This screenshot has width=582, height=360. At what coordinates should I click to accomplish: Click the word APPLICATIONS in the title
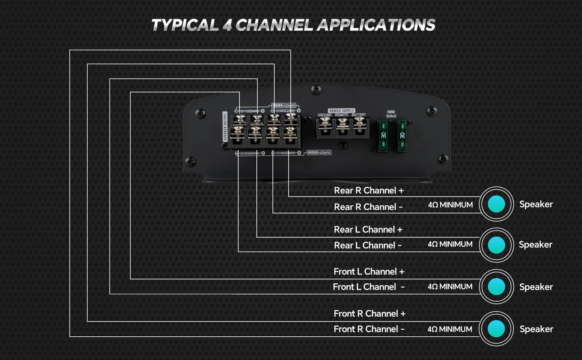[376, 25]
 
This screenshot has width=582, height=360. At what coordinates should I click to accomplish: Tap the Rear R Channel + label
[369, 191]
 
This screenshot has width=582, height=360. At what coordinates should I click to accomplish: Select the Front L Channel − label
[369, 287]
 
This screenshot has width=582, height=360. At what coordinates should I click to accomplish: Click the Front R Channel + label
[369, 314]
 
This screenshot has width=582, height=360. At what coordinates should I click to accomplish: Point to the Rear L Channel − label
[368, 245]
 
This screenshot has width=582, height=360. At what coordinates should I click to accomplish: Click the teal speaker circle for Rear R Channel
[496, 204]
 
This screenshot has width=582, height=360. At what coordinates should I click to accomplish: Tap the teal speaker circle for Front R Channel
[496, 329]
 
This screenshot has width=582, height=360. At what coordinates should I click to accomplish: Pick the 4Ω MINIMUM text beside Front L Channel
[450, 287]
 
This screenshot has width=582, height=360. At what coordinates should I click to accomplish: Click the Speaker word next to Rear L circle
[535, 245]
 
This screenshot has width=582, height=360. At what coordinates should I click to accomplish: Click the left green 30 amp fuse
[383, 135]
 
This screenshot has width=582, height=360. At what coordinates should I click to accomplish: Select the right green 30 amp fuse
[402, 135]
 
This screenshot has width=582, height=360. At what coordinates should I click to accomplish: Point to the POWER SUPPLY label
[341, 111]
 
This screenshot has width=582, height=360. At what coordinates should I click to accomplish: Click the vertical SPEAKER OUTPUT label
[225, 126]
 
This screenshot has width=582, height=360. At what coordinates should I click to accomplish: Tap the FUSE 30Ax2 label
[391, 114]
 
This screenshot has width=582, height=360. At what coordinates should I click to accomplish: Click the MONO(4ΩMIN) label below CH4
[319, 152]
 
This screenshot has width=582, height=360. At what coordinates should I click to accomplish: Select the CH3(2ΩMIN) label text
[249, 153]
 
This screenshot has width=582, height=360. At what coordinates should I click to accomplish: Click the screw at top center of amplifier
[316, 89]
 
